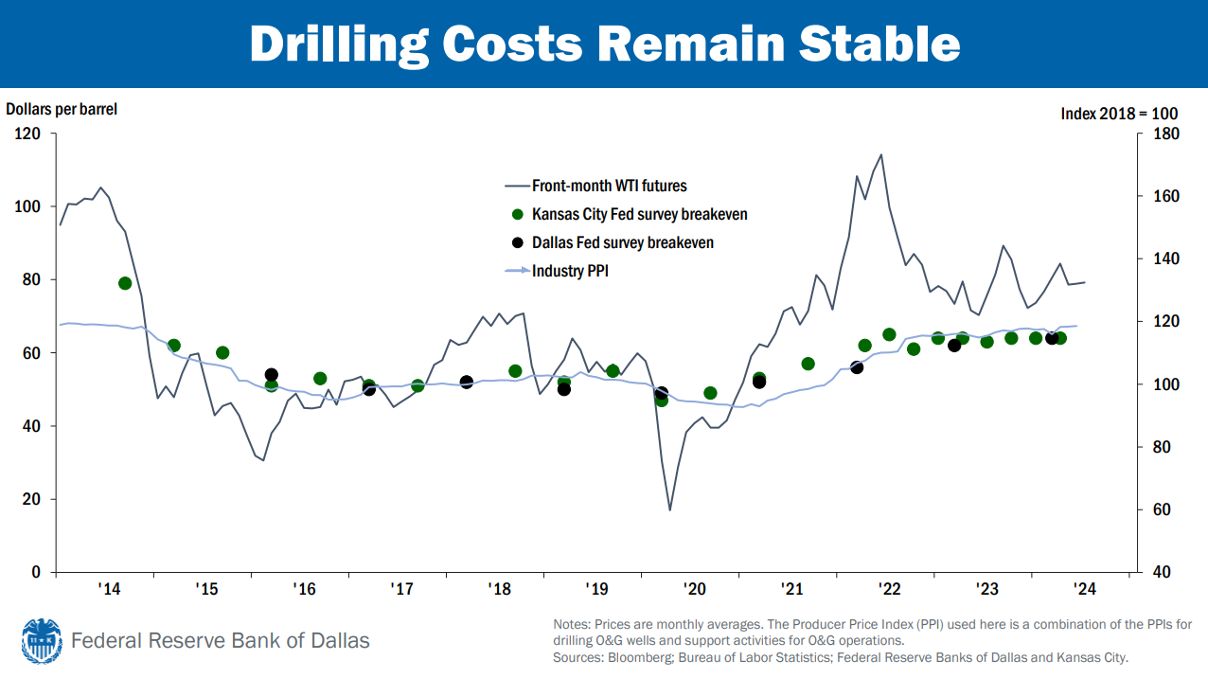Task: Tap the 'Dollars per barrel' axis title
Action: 62,109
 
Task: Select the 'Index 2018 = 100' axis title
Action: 1118,113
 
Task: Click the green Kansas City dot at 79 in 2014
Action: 125,283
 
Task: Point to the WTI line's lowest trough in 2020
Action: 670,510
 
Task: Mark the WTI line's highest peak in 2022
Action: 881,154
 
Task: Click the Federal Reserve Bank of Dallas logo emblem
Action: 41,641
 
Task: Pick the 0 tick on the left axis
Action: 37,572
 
